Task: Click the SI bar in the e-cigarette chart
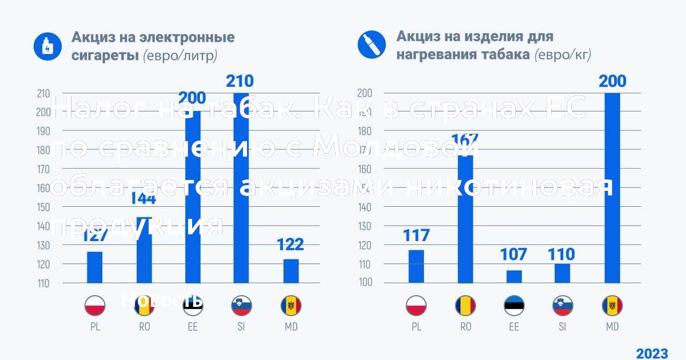pos(241,189)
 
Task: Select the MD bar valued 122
pos(291,271)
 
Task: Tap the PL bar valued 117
pos(416,266)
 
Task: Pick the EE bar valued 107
pos(514,277)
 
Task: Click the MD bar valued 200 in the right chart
pos(612,189)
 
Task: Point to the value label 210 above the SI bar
pos(240,81)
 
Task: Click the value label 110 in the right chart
pos(561,254)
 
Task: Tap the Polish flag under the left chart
pos(94,306)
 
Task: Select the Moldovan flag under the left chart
pos(291,306)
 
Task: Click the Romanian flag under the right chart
pos(465,306)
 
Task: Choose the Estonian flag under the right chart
pos(514,306)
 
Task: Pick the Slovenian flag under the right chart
pos(563,306)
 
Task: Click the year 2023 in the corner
pos(652,353)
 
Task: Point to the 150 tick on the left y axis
pos(43,207)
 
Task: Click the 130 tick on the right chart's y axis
pos(365,226)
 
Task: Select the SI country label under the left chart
pos(241,327)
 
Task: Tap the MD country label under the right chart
pos(612,327)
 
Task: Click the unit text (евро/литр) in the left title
pos(180,55)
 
